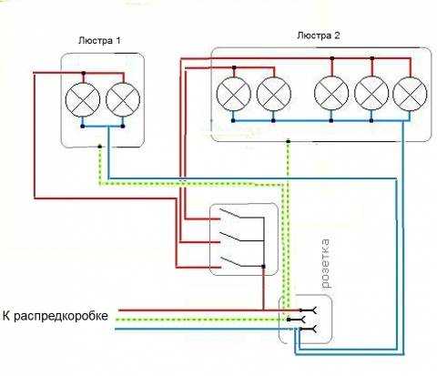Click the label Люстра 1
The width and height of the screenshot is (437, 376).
point(99,40)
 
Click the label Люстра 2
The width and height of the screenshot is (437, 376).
point(319,36)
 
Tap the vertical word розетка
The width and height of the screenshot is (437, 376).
point(326,263)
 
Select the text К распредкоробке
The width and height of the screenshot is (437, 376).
point(56,316)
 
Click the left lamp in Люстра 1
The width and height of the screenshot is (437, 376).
point(83,100)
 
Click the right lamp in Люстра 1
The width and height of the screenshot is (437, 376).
point(123,100)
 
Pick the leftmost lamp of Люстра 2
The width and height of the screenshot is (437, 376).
point(234,94)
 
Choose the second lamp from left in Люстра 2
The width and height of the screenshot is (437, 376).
point(274,94)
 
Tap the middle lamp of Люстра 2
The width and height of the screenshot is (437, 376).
point(331,94)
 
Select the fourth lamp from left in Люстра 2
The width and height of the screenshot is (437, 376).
point(371,94)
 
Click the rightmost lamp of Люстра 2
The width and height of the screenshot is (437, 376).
point(410,94)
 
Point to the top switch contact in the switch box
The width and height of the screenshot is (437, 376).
point(229,213)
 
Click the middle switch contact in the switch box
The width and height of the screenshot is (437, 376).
point(229,237)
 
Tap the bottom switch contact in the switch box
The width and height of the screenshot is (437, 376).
point(230,262)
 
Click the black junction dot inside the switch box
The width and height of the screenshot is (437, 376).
point(263,267)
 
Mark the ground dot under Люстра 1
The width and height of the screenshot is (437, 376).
point(99,147)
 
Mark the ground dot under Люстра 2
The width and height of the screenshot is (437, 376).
point(289,141)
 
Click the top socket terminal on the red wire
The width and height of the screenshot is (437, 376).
point(309,310)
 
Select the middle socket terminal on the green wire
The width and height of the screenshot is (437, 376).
point(297,320)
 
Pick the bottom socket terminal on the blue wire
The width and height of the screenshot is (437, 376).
point(308,329)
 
